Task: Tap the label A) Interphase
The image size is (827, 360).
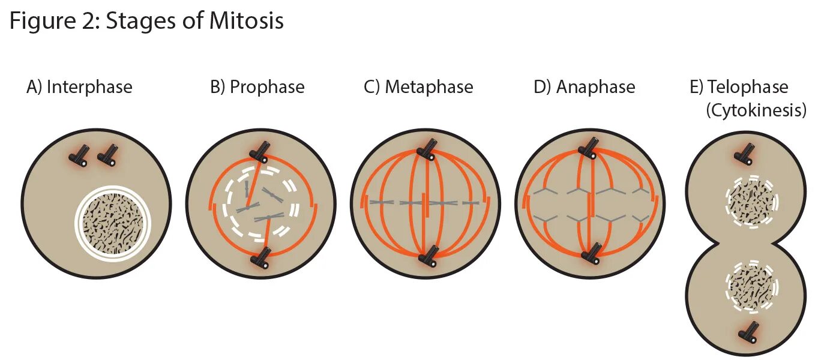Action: pos(79,87)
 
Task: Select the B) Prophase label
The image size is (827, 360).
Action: pos(257,87)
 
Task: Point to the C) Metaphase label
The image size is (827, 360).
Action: pos(418,87)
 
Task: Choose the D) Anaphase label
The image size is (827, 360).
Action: pos(584,87)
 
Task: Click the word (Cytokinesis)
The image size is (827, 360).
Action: pos(755,110)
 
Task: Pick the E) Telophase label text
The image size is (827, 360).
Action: pos(739,87)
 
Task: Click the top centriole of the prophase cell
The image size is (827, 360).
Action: pos(260,152)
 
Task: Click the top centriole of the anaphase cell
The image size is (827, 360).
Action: pos(588,148)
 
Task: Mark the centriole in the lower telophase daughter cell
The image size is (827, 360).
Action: pos(751,332)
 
